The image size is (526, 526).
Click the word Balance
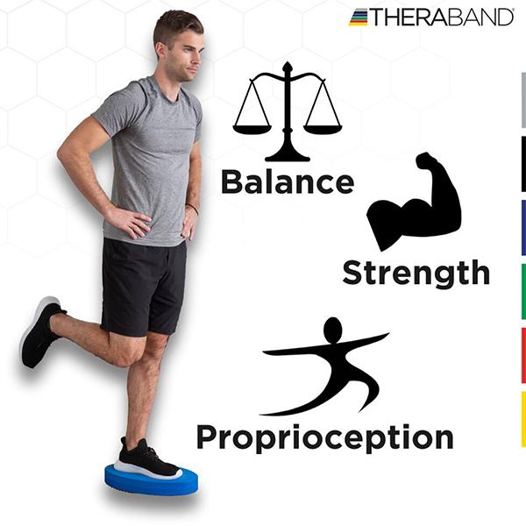288,181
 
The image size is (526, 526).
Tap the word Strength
416,273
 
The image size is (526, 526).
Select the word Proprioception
324,437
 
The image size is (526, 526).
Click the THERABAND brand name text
442,18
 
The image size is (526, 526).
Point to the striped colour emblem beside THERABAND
359,18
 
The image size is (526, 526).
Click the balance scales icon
288,111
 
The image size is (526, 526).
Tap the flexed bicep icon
415,202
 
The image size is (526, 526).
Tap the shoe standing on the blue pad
149,459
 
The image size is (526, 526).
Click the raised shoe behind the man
41,332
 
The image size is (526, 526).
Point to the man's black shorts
144,288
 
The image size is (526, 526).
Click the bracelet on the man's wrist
193,209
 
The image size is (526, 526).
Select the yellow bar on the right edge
523,419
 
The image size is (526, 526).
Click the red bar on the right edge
523,356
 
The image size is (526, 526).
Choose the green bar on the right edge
523,292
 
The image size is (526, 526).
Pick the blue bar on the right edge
523,228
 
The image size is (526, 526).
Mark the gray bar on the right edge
523,100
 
